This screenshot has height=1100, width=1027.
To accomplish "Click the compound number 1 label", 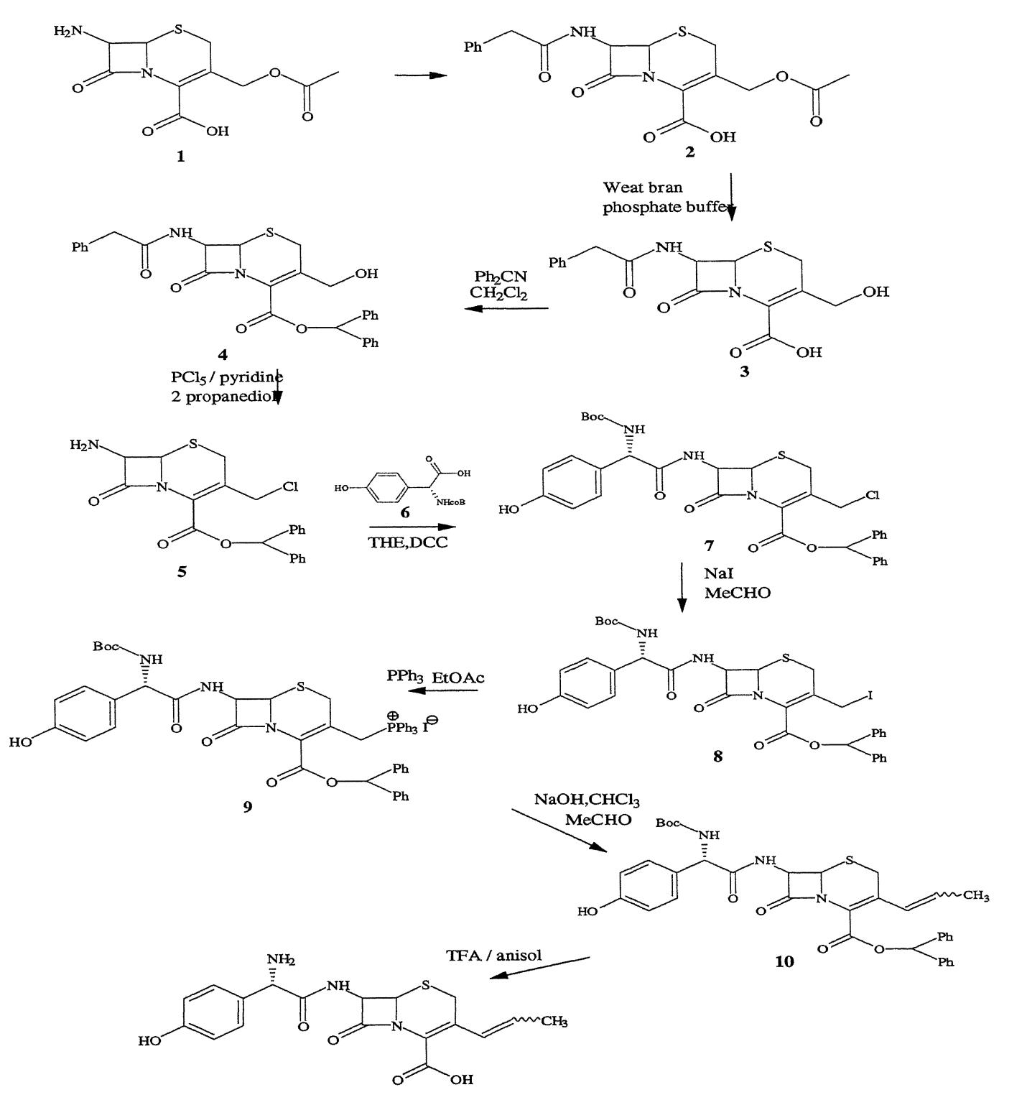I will click(180, 156).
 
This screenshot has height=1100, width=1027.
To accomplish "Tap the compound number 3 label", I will click(745, 372).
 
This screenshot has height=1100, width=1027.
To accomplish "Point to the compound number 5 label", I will click(182, 572).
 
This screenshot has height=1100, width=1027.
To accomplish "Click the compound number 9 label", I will click(248, 806).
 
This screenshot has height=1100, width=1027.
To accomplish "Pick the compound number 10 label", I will click(784, 961).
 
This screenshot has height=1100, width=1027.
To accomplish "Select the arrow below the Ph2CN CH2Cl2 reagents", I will click(506, 309).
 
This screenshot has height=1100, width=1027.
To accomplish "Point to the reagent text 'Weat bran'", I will click(642, 188).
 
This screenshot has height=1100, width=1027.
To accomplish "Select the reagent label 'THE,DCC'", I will click(409, 542).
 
